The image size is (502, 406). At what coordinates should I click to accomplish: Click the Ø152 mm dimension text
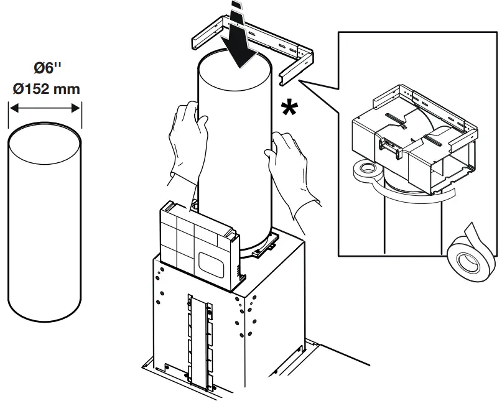pos(47,88)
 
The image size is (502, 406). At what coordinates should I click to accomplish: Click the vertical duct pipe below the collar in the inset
pos(398,224)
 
